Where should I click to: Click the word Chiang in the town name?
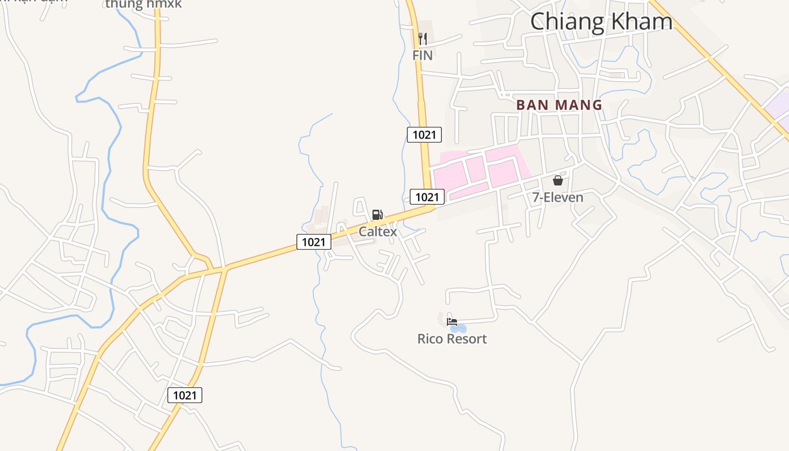(566, 21)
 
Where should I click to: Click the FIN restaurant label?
(422, 55)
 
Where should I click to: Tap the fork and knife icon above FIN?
(423, 38)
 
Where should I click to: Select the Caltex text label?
(378, 232)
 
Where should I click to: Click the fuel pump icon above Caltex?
(377, 215)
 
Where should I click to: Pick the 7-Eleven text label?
(557, 197)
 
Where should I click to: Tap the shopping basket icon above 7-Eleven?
(557, 180)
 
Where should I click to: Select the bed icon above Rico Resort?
(451, 322)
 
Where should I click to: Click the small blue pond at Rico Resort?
(461, 328)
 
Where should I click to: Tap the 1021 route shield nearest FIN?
(424, 135)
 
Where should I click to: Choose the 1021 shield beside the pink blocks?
(427, 197)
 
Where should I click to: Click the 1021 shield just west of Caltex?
(313, 242)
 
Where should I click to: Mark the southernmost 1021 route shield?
(185, 395)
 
